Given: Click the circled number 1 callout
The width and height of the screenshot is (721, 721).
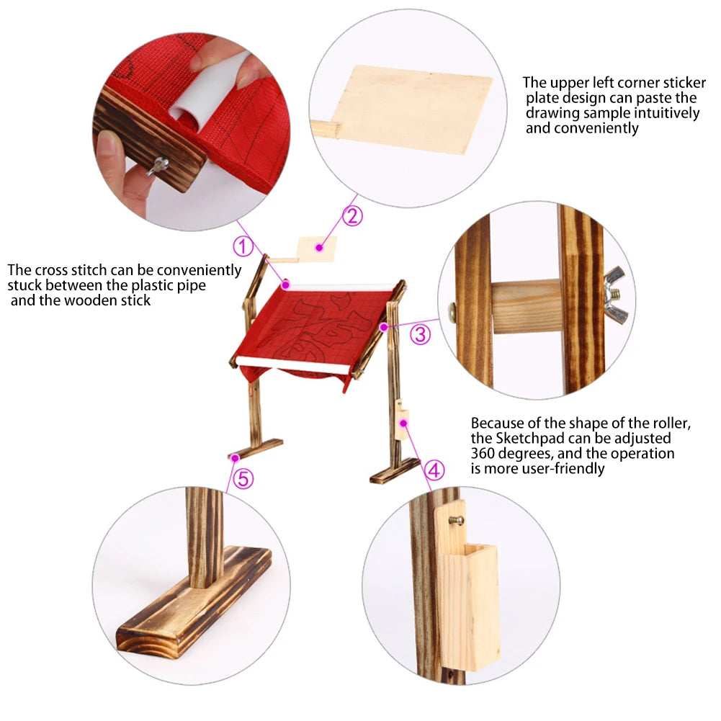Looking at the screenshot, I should (243, 246).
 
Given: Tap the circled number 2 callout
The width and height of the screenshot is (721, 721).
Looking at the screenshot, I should (351, 215).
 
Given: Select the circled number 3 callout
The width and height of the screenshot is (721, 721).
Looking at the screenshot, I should (421, 334).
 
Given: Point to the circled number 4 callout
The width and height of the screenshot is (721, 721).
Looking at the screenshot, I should (434, 470).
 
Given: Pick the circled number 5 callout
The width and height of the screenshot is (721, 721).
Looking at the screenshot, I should (243, 478).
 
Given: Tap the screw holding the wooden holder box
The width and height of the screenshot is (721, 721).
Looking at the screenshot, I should (454, 519).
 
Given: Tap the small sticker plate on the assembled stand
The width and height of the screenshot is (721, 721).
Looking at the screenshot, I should (318, 248).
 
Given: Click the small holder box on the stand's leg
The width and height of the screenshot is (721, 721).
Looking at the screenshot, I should (402, 424).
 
